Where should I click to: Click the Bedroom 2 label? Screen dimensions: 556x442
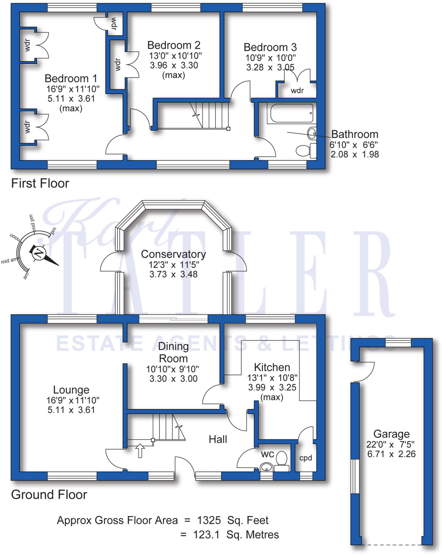click(174, 45)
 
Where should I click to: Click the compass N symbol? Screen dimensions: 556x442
click(39, 253)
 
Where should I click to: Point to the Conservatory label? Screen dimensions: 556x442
click(173, 254)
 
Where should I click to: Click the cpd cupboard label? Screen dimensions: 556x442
click(305, 458)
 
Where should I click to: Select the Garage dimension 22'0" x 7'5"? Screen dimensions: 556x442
click(390, 444)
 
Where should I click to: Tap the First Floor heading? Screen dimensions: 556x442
click(40, 184)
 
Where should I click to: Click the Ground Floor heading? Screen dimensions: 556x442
click(49, 495)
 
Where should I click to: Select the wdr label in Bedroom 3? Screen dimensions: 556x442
click(297, 91)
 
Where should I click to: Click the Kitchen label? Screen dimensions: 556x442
click(272, 367)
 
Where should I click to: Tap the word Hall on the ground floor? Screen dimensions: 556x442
click(218, 439)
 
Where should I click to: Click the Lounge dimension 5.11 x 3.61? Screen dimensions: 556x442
click(71, 410)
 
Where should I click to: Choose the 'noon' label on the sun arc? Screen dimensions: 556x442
click(15, 237)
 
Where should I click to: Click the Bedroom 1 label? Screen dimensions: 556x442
click(71, 78)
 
